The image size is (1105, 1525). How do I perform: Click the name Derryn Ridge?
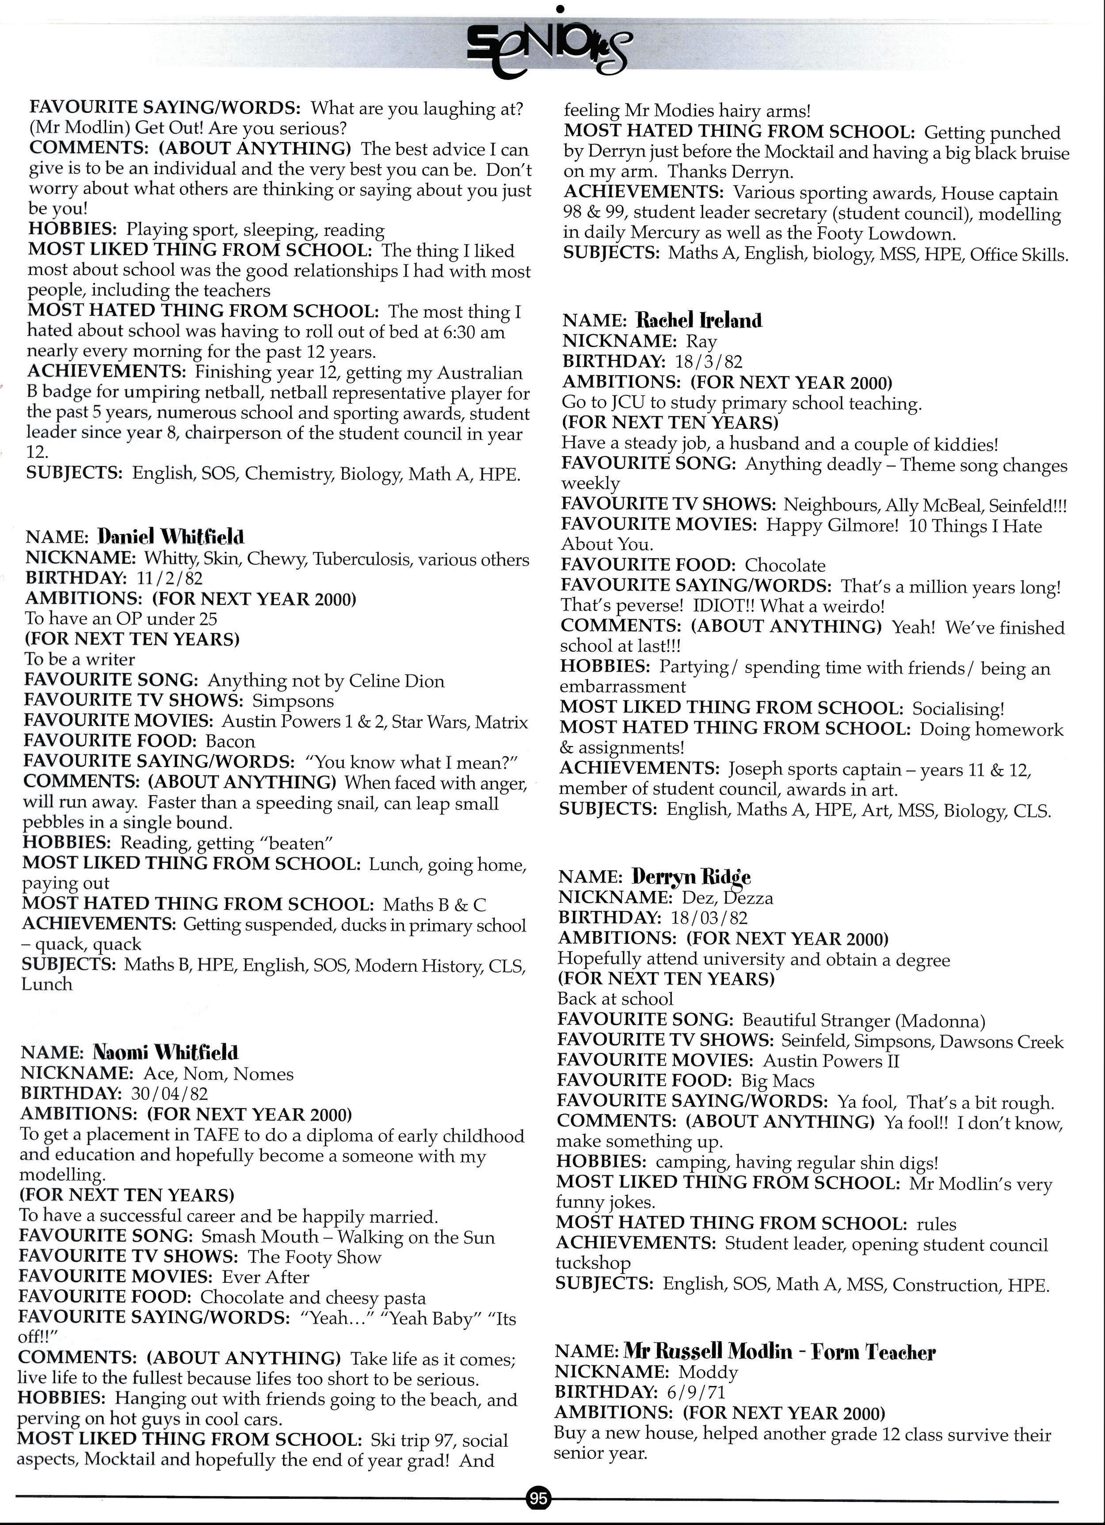tap(691, 877)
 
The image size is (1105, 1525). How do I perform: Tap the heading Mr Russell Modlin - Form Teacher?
tap(780, 1351)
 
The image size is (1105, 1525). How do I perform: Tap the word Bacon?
tap(230, 742)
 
